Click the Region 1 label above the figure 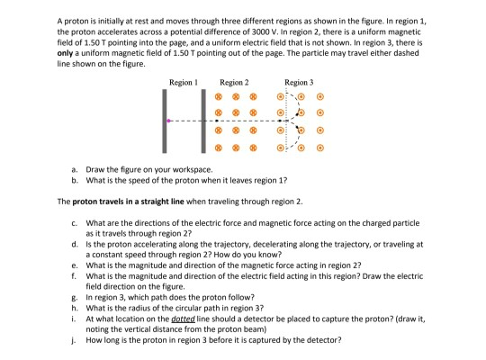pos(183,82)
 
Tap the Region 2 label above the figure pos(234,82)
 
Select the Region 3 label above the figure pos(299,82)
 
